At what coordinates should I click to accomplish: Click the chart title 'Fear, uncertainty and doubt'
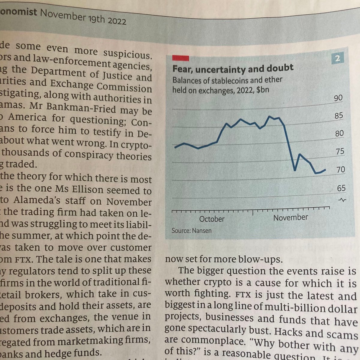click(x=233, y=68)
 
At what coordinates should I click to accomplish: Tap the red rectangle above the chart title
click(x=180, y=58)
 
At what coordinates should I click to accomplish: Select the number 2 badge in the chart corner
click(x=337, y=58)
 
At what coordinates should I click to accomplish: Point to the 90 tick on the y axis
click(x=338, y=98)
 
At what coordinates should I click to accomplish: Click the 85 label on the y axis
click(x=339, y=115)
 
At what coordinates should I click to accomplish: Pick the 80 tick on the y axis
click(x=339, y=133)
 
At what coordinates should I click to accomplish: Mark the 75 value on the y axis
click(x=340, y=151)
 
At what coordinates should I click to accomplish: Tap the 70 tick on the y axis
click(x=340, y=169)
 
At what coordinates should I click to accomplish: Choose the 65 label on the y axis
click(x=341, y=188)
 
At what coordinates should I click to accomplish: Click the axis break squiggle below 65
click(x=342, y=200)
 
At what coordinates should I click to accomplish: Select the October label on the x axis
click(x=212, y=219)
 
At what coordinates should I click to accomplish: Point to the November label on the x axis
click(x=290, y=217)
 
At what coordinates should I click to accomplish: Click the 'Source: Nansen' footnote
click(x=191, y=231)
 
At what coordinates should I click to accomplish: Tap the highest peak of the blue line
click(x=269, y=116)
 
